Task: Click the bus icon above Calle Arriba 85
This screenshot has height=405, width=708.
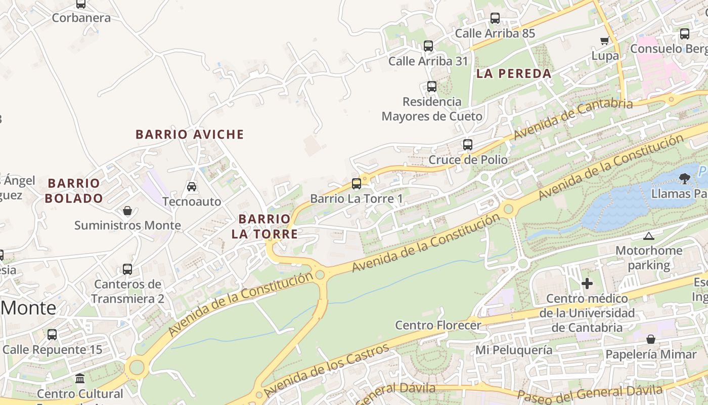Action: [495, 18]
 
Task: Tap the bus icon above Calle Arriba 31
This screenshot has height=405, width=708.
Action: [428, 46]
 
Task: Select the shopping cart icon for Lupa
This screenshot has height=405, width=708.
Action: [604, 40]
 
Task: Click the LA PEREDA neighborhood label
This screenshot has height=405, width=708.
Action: [514, 73]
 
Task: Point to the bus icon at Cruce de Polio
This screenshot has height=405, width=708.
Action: [468, 145]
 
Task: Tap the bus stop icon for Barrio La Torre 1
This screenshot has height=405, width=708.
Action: [357, 183]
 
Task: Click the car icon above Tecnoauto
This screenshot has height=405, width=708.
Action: [192, 187]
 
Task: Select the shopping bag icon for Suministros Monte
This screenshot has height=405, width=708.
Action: [127, 210]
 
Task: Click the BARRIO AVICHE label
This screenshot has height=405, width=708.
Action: [190, 135]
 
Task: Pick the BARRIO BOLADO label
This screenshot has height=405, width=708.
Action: [74, 191]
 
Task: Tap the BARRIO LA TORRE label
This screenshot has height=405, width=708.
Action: [264, 226]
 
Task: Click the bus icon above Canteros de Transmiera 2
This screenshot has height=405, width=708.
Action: [127, 269]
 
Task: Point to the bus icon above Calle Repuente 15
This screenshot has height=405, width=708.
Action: [52, 335]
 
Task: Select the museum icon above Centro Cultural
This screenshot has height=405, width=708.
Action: [80, 379]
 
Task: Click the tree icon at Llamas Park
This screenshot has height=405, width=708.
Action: [685, 178]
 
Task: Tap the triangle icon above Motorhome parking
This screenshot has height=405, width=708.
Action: [649, 236]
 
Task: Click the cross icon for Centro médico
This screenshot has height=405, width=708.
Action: [587, 283]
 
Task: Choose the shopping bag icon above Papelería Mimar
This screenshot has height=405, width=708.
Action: [651, 339]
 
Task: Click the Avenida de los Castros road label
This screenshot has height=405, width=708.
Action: [327, 371]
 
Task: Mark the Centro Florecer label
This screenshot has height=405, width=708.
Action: [438, 325]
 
